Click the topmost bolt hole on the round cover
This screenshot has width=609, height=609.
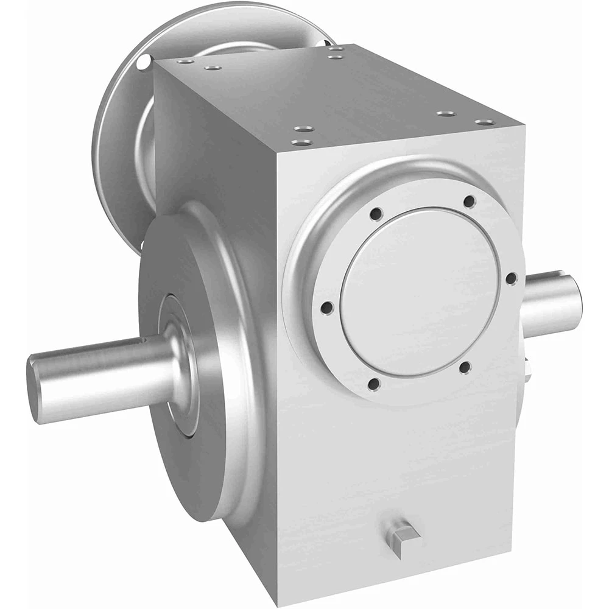pos(468,201)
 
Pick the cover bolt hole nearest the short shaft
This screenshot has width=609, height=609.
pos(511,278)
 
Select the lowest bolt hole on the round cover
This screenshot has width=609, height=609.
pos(375,384)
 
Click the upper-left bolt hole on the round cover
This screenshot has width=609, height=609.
pos(376,214)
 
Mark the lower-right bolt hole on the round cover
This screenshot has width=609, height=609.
pos(464,367)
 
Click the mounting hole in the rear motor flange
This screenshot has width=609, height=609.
pos(143,62)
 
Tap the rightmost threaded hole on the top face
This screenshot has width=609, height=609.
pos(485,122)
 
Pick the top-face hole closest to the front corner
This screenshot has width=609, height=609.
pos(300,143)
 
